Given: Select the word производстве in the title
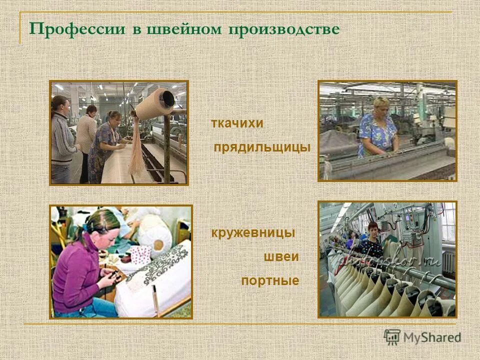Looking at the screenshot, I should pyautogui.click(x=284, y=28).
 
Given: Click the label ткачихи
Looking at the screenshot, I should pyautogui.click(x=237, y=123).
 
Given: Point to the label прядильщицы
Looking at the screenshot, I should pyautogui.click(x=262, y=147).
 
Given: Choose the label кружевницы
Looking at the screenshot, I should pyautogui.click(x=253, y=233).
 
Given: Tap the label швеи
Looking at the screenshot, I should pyautogui.click(x=281, y=257).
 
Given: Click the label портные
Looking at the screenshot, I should pyautogui.click(x=270, y=281).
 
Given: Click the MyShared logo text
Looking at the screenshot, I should pyautogui.click(x=432, y=337).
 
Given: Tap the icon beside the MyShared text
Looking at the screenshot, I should pyautogui.click(x=392, y=337).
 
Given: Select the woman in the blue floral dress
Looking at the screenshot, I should pyautogui.click(x=378, y=130).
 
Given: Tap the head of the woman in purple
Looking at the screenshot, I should pyautogui.click(x=102, y=225).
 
